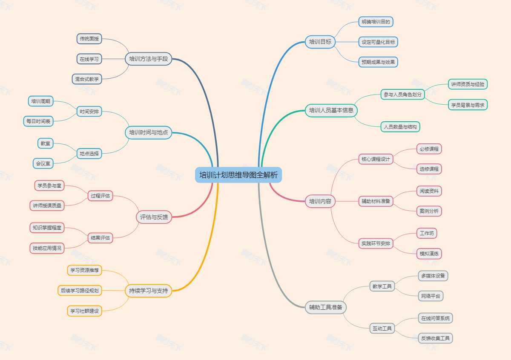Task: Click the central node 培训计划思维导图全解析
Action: (238, 175)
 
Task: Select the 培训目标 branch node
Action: (320, 42)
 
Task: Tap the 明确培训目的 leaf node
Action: (375, 21)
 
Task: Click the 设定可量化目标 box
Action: (378, 42)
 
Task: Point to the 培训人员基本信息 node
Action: (331, 111)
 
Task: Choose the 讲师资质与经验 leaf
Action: (468, 84)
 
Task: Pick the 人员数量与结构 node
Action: (400, 126)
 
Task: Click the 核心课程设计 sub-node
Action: (376, 159)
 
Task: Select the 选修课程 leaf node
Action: (429, 169)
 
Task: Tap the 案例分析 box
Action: (429, 211)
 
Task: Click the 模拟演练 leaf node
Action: (429, 254)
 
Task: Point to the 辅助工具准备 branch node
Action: (326, 307)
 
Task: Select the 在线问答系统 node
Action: (435, 318)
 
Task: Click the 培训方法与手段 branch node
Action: (149, 59)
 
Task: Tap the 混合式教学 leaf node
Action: (87, 79)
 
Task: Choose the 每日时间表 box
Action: (38, 121)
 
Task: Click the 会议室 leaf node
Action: (43, 163)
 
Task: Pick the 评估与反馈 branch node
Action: (154, 217)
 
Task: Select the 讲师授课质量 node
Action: (47, 206)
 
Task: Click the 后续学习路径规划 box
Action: (80, 291)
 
